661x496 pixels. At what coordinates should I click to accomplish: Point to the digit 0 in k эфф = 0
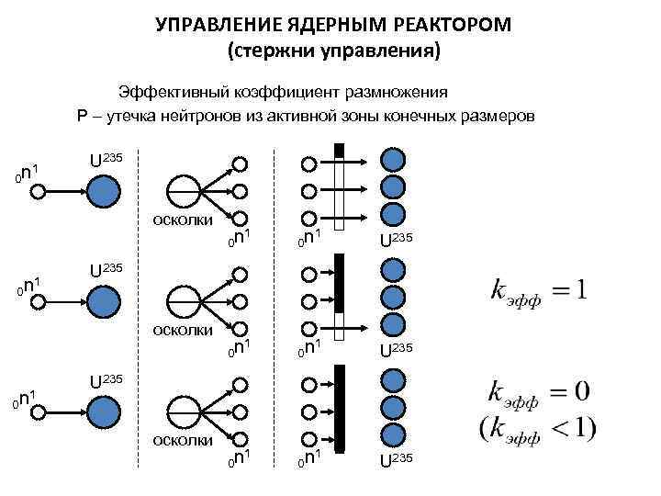[579, 392]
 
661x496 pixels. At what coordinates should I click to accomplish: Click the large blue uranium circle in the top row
[103, 191]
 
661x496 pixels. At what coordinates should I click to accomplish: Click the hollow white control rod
[339, 192]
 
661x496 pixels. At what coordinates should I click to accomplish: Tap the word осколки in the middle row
[183, 329]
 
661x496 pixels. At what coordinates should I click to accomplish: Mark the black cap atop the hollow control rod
[339, 150]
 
